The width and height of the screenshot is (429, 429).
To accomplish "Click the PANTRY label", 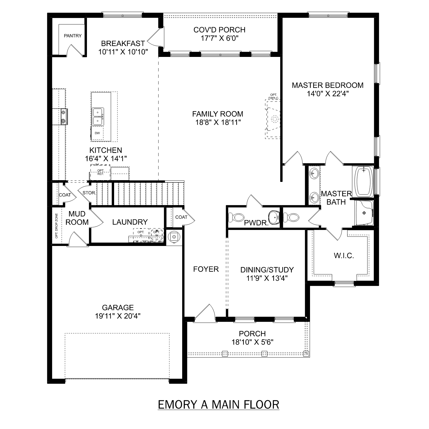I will (x=73, y=36).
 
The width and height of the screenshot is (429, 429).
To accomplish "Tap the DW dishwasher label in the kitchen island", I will (x=97, y=133).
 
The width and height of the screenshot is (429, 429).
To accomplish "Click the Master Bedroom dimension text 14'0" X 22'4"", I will (x=327, y=94).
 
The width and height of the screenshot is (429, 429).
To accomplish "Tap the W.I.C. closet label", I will (x=344, y=256).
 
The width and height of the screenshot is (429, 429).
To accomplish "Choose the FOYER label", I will (x=206, y=269).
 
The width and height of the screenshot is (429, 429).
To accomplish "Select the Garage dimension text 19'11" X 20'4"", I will (x=118, y=316).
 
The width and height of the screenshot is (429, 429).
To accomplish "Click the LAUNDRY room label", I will (x=130, y=222).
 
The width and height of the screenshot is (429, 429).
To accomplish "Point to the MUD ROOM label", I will (x=77, y=218).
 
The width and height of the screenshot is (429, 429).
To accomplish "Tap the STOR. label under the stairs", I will (x=89, y=193).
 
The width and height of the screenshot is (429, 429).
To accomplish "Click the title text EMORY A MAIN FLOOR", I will (x=219, y=405).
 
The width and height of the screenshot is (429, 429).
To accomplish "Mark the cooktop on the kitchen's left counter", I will (x=63, y=117).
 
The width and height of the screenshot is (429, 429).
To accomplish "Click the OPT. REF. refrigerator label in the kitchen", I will (x=100, y=172).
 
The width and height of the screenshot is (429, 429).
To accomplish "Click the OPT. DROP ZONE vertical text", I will (x=56, y=226).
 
